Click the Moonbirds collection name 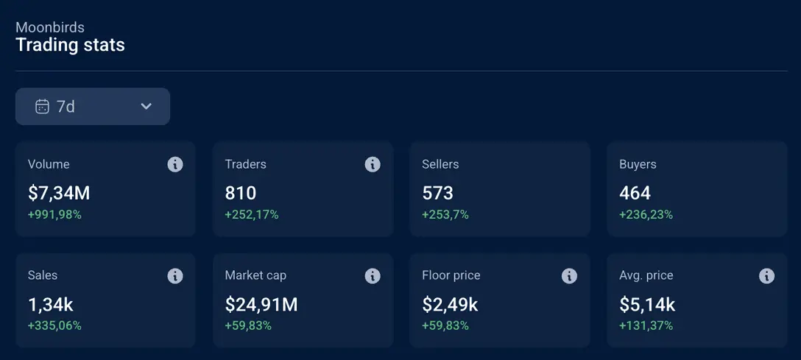point(50,27)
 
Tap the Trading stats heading point(70,45)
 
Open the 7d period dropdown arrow point(146,107)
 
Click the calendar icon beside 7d point(42,107)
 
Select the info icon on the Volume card point(175,164)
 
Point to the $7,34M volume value point(59,194)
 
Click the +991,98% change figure point(54,215)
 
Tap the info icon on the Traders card point(373,164)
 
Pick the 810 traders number point(241,194)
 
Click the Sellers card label point(440,164)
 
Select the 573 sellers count point(437,194)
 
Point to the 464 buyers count point(635,194)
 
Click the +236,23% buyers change point(646,215)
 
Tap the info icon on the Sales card point(175,275)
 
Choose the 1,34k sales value point(51,305)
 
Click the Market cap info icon point(373,275)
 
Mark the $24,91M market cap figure point(261,305)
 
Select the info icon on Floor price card point(569,275)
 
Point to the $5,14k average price point(647,305)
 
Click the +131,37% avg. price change point(646,325)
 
